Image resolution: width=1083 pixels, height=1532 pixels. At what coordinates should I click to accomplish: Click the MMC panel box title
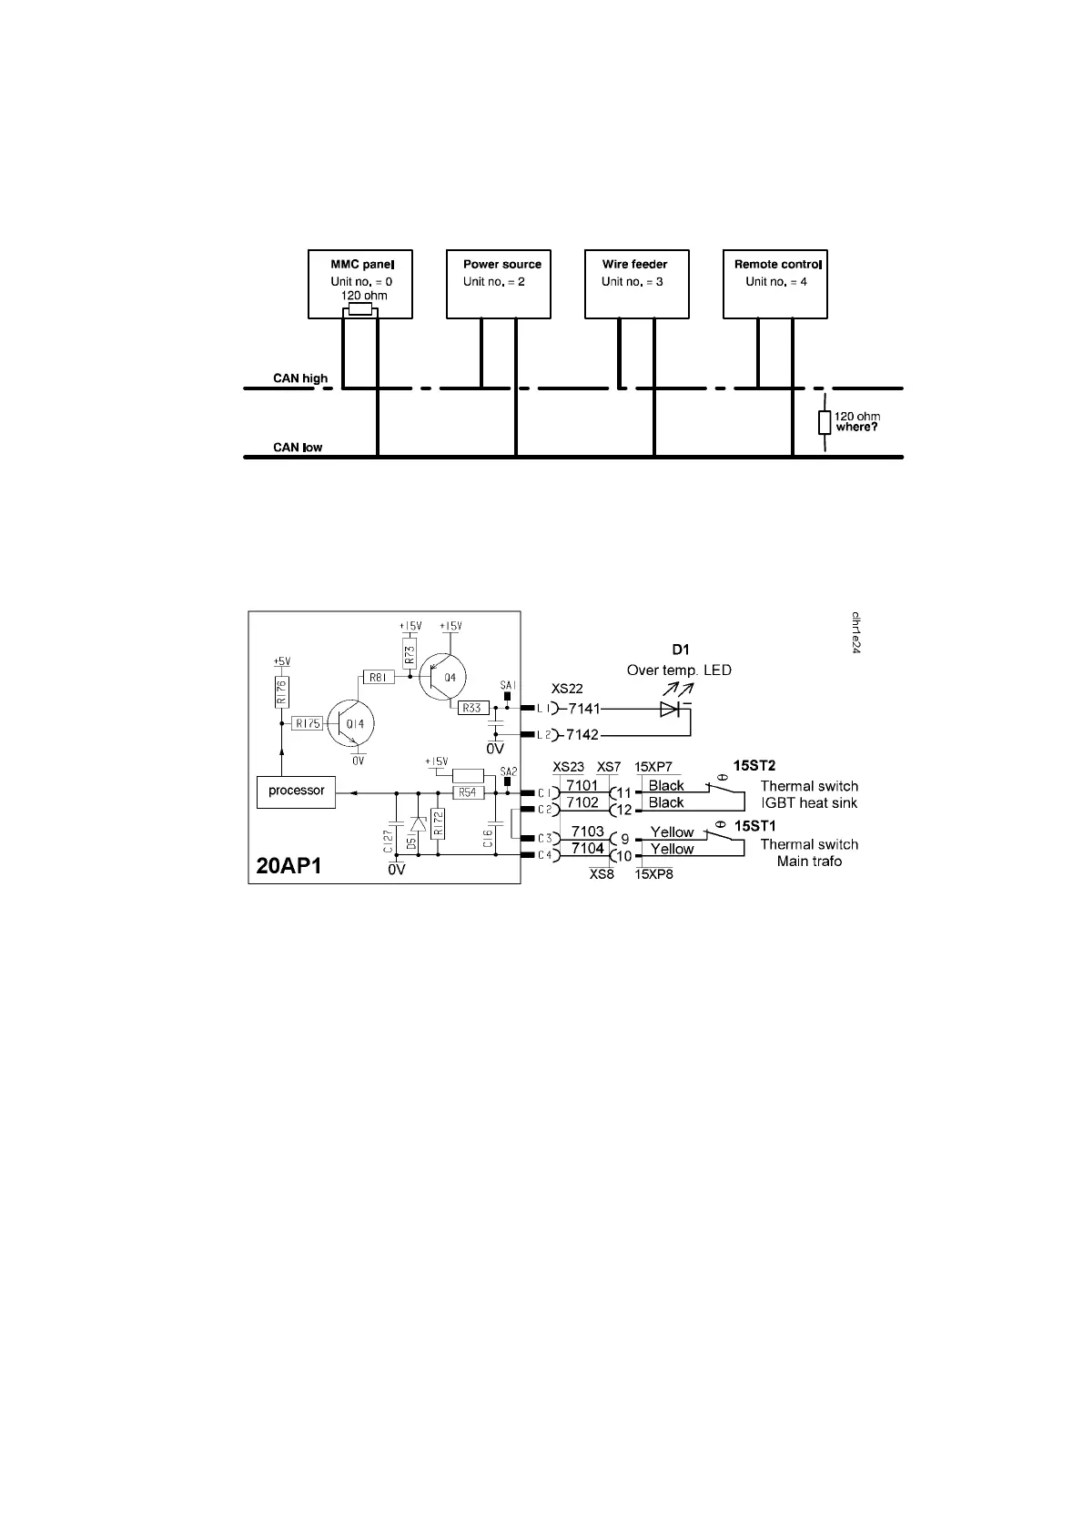pos(360,265)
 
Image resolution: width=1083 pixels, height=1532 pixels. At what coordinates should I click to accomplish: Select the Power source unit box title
pos(501,265)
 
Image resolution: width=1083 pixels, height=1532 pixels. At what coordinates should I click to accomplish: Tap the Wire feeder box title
pos(634,265)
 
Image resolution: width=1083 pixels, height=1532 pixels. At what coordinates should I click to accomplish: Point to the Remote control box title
pos(777,265)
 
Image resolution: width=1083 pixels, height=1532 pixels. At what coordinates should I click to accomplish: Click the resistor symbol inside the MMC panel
pos(360,309)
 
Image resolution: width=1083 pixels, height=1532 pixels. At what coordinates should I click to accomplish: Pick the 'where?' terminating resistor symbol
pos(825,422)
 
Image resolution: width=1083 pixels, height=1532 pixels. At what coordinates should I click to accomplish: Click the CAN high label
pos(300,378)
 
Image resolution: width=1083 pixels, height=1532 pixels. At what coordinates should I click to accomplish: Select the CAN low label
pos(298,448)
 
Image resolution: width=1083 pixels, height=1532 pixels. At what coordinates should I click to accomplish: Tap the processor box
pos(297,791)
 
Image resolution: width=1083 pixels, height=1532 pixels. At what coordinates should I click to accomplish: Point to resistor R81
pos(377,677)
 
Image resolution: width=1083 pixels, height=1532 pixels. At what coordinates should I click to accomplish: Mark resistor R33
pos(471,708)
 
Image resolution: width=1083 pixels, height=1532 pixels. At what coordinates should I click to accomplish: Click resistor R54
pos(467,793)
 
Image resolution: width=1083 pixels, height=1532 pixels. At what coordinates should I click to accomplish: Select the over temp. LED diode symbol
pos(671,709)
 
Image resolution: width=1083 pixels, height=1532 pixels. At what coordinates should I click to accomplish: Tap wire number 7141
pos(584,708)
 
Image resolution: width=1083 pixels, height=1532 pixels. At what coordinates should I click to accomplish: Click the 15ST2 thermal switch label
pos(754,766)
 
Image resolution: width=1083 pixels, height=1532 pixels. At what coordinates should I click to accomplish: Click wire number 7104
pos(587,849)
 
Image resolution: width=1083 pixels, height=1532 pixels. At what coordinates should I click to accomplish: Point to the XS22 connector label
pos(567,689)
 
